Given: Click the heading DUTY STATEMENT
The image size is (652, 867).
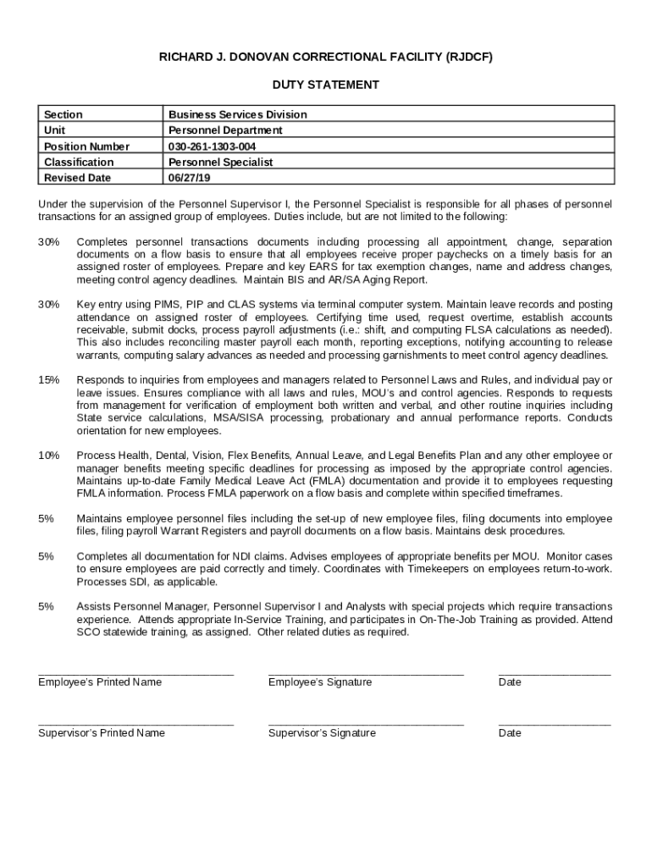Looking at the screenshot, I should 325,85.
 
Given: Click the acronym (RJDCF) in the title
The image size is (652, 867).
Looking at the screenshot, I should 464,57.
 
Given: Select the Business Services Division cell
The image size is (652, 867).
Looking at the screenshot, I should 237,114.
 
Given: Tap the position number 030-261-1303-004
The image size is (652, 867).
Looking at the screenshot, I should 212,146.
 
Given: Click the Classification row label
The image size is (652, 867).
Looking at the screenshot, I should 79,163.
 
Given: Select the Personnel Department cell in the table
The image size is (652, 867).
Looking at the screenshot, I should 225,130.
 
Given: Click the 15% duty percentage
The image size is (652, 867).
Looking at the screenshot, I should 48,379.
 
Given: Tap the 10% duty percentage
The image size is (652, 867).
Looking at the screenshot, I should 48,456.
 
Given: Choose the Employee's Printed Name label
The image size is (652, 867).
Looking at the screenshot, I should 100,682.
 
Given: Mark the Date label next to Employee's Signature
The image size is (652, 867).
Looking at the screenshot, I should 510,682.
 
